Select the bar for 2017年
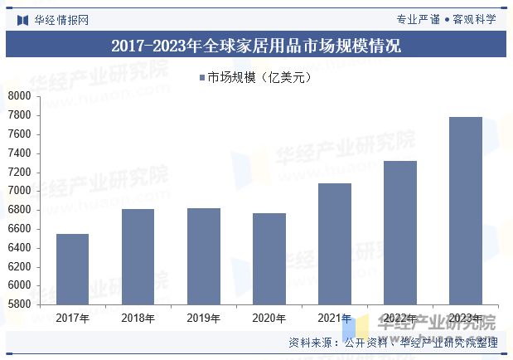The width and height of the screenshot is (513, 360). [72, 269]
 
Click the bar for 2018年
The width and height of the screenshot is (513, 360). [138, 256]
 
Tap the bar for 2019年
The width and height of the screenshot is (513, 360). [203, 255]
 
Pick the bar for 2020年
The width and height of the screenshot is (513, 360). [269, 259]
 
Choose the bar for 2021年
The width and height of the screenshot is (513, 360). [334, 244]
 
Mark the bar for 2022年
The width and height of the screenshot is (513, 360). [399, 232]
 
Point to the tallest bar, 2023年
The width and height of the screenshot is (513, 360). [465, 211]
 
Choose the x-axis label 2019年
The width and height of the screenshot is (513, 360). [203, 318]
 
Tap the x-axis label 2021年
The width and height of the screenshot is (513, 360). [334, 318]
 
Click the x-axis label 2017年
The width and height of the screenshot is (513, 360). [72, 318]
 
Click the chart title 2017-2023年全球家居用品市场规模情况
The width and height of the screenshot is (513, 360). [256, 46]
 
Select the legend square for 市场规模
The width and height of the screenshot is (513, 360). [201, 79]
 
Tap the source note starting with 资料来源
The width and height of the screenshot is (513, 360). [393, 342]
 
